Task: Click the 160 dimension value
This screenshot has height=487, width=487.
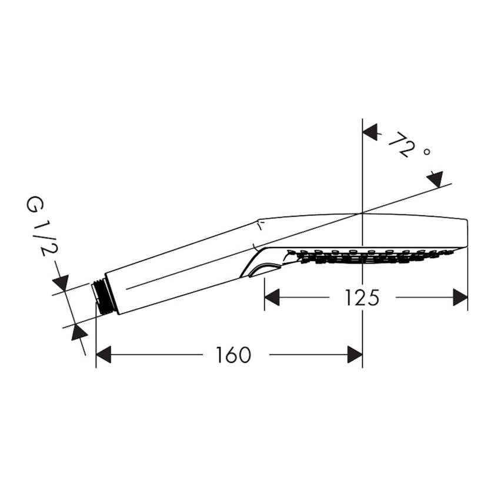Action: click(x=234, y=355)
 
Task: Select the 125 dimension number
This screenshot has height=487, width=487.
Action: click(x=362, y=298)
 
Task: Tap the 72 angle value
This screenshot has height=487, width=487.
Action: click(x=400, y=145)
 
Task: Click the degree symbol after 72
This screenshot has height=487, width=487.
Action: click(x=427, y=152)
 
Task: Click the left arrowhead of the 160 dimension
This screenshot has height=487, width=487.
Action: click(x=104, y=355)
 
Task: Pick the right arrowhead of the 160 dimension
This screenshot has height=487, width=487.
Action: click(x=355, y=355)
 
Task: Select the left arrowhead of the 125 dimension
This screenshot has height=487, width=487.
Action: click(x=272, y=298)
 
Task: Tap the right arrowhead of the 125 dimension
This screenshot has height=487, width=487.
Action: click(x=461, y=298)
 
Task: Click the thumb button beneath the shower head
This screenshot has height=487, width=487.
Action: click(x=262, y=269)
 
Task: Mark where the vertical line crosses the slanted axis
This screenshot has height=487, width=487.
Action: click(x=362, y=212)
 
